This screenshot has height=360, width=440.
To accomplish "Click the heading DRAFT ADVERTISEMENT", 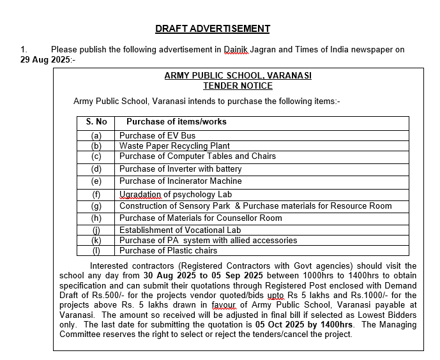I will pyautogui.click(x=212, y=29).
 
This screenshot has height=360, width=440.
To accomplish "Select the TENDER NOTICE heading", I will pyautogui.click(x=238, y=86).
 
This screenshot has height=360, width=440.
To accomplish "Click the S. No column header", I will pyautogui.click(x=96, y=121).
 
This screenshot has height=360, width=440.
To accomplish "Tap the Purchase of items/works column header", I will pyautogui.click(x=176, y=121).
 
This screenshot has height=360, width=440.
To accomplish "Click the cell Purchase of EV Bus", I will pyautogui.click(x=157, y=135).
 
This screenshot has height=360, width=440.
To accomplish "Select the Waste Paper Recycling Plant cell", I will pyautogui.click(x=174, y=146).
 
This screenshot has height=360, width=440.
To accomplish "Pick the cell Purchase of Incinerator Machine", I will pyautogui.click(x=180, y=181).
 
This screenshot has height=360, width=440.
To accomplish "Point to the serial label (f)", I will pyautogui.click(x=96, y=194).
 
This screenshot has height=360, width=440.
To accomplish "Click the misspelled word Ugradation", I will pyautogui.click(x=140, y=194).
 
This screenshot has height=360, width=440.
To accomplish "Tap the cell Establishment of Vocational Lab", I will pyautogui.click(x=180, y=230).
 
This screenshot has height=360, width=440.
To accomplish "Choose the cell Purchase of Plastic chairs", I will pyautogui.click(x=168, y=250).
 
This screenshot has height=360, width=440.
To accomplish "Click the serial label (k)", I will pyautogui.click(x=96, y=240).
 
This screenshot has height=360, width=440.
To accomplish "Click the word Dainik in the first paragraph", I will pyautogui.click(x=236, y=49).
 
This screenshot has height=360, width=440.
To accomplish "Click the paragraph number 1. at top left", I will pyautogui.click(x=24, y=49).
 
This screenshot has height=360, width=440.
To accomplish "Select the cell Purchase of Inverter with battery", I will pyautogui.click(x=180, y=169).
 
